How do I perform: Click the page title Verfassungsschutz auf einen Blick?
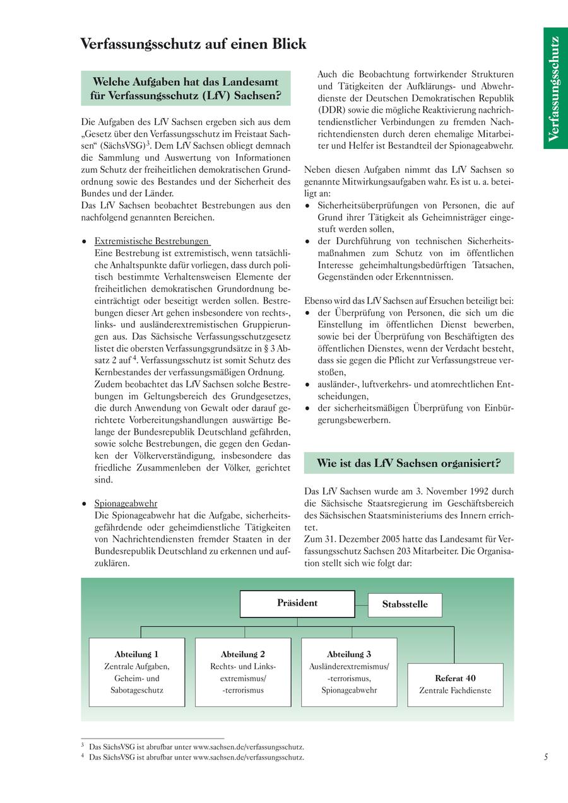point(193,44)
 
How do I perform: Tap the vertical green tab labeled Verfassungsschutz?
point(555,88)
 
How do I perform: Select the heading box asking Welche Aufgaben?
point(186,89)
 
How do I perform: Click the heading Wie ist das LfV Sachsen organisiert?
point(408,463)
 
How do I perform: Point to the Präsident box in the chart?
point(297,604)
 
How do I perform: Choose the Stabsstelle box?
point(405,604)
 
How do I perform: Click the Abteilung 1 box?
point(137,672)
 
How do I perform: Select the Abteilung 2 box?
point(243,672)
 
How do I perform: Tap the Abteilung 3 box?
point(349,672)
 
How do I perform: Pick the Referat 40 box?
point(455,684)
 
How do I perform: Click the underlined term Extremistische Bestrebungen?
point(151,241)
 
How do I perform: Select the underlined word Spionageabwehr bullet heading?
point(126,503)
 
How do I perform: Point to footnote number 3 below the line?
point(83,746)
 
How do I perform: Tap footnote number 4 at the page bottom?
point(83,756)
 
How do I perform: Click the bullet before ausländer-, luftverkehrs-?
point(307,384)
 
